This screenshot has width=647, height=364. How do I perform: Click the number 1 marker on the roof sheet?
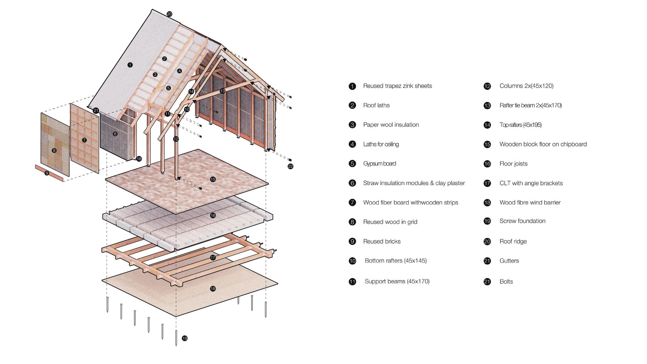[x=130, y=65]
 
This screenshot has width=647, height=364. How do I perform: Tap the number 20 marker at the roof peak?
[x=170, y=14]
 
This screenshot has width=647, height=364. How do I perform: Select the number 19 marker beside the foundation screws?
[x=185, y=338]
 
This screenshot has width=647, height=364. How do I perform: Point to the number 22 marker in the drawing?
[x=290, y=166]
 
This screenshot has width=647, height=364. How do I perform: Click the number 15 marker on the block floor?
[x=213, y=179]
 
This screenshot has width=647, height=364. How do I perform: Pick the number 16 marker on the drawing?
[x=213, y=215]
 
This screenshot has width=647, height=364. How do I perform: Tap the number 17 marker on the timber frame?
[x=213, y=257]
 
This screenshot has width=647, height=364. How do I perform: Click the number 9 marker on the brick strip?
[x=47, y=173]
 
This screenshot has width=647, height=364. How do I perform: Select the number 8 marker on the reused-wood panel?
[x=54, y=151]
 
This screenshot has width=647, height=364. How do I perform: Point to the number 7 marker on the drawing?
[x=84, y=140]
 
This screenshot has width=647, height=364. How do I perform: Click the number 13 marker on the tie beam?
[x=222, y=91]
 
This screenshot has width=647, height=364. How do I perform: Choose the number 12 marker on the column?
[x=176, y=139]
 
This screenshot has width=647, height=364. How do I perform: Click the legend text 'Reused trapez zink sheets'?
[x=398, y=86]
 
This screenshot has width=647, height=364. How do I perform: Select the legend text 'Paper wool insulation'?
[x=391, y=125]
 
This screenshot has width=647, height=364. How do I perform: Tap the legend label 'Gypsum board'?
[x=380, y=164]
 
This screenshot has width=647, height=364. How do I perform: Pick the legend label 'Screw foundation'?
[x=522, y=221]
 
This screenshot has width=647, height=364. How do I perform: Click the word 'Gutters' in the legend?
[x=509, y=261]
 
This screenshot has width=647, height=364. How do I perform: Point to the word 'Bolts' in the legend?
[x=506, y=282]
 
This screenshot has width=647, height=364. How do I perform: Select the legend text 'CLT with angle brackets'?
[x=531, y=183]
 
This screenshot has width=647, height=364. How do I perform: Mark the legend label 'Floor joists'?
[x=514, y=164]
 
